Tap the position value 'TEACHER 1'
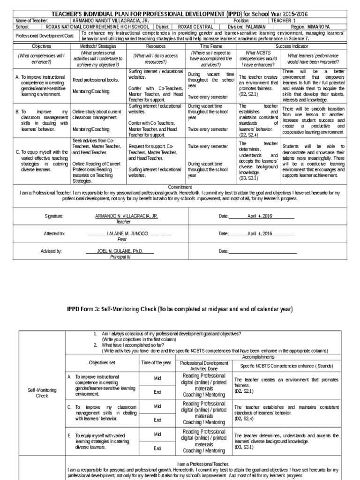pyautogui.click(x=286, y=21)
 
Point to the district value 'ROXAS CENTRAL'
pyautogui.click(x=192, y=27)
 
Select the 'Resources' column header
pyautogui.click(x=156, y=47)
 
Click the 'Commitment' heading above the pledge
pyautogui.click(x=180, y=187)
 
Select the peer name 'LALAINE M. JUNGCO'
pyautogui.click(x=127, y=233)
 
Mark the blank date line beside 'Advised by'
pyautogui.click(x=262, y=252)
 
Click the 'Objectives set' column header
pyautogui.click(x=101, y=363)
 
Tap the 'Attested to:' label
pyautogui.click(x=55, y=233)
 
